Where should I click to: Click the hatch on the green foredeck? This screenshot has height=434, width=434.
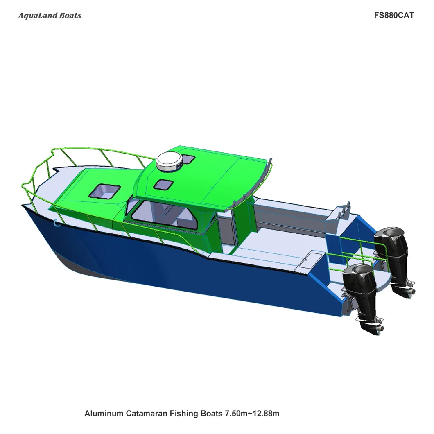105,191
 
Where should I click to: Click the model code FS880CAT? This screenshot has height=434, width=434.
394,16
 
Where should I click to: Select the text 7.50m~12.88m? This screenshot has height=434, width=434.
252,414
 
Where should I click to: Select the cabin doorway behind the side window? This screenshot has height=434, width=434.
225,233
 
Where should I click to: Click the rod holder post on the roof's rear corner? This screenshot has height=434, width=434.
271,166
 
